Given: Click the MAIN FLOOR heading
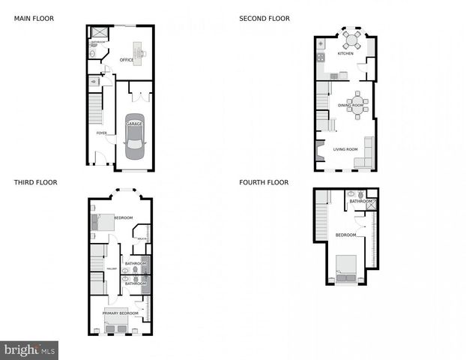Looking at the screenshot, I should tap(34, 18).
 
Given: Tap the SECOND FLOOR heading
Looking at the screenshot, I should tap(264, 18).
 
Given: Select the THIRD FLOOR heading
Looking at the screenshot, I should tap(35, 182).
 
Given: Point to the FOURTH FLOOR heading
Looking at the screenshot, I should tap(264, 182).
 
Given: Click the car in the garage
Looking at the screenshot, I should tap(135, 141).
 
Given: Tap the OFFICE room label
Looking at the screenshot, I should tap(127, 60).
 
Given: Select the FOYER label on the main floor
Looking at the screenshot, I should tap(101, 133).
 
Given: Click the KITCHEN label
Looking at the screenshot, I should tap(345, 54).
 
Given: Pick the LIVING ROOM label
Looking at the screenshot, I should tap(345, 149).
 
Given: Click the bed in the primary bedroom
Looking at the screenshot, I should tap(117, 324).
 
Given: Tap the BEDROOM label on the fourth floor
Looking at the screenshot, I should tap(345, 235).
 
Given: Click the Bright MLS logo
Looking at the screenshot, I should tap(29, 349).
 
